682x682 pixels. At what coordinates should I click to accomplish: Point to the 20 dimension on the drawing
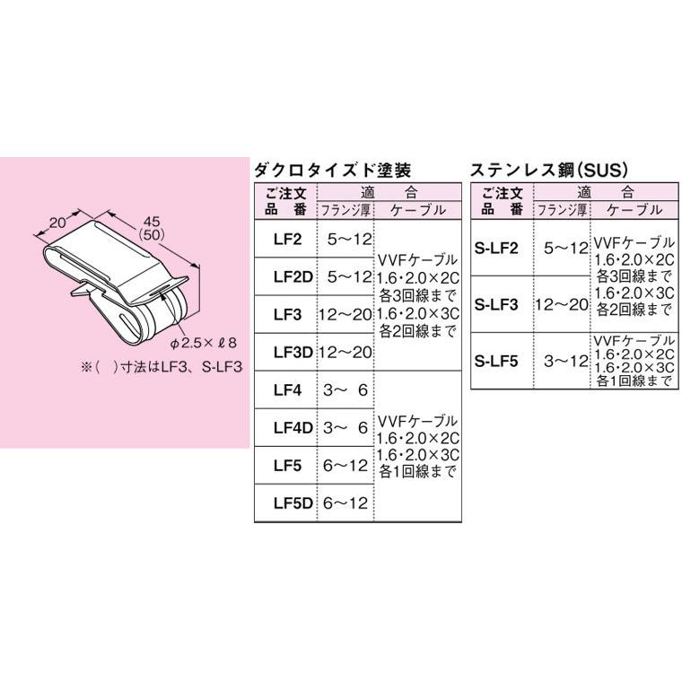click(60, 222)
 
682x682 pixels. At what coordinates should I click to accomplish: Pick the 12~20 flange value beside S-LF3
click(562, 305)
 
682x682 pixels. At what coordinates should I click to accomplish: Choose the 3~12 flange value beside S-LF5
click(562, 361)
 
